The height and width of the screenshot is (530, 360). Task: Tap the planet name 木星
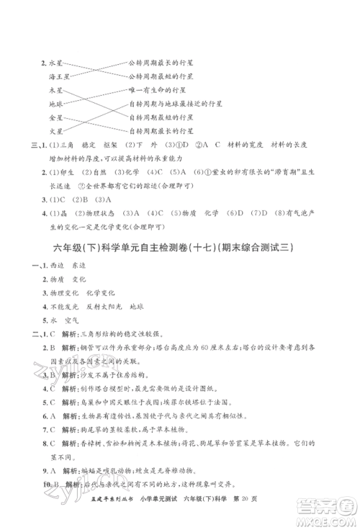(56, 91)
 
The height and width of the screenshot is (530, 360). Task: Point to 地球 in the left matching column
(56, 104)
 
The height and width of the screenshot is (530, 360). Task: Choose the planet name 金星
(56, 117)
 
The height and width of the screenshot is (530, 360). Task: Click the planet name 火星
(56, 130)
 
